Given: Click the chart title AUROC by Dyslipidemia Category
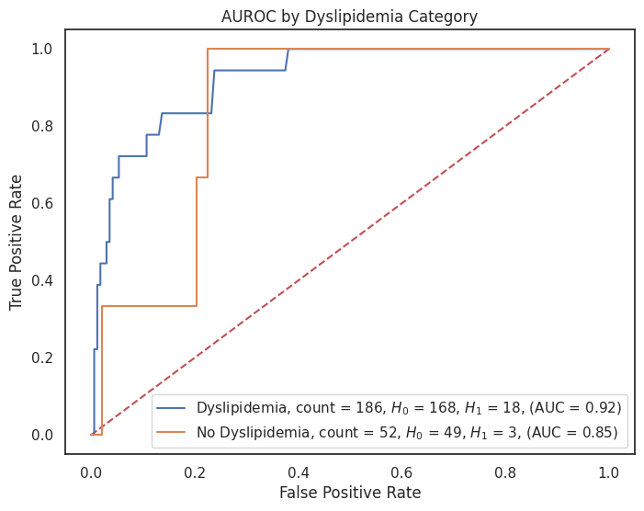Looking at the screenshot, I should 349,17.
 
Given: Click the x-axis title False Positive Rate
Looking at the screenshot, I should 350,493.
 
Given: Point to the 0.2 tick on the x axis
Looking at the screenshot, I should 195,469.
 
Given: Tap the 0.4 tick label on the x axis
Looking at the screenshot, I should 299,469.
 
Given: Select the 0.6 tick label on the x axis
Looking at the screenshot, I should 402,469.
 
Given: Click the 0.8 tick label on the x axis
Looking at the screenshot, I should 505,469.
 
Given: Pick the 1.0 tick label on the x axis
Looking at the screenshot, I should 609,469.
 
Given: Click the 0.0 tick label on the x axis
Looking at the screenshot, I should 92,469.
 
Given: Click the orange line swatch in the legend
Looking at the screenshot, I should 174,430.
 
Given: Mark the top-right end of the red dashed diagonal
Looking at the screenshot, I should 609,49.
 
